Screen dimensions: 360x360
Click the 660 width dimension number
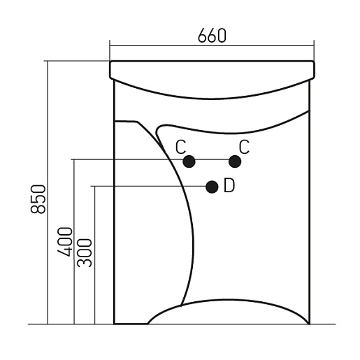212,36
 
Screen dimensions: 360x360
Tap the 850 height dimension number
38,199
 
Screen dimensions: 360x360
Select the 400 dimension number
65,242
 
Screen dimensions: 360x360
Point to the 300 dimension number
85,253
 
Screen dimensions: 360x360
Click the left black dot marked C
189,161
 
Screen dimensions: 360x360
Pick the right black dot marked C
235,161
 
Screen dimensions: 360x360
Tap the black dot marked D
212,187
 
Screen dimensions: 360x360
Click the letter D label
229,185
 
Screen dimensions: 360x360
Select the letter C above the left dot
181,147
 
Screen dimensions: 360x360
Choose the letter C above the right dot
244,147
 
